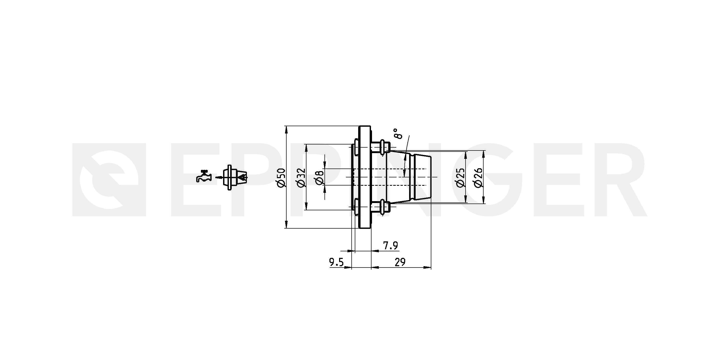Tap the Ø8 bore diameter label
[320, 177]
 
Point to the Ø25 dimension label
[460, 177]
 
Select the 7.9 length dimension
[391, 246]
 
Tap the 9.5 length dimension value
[336, 263]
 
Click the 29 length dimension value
[400, 262]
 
